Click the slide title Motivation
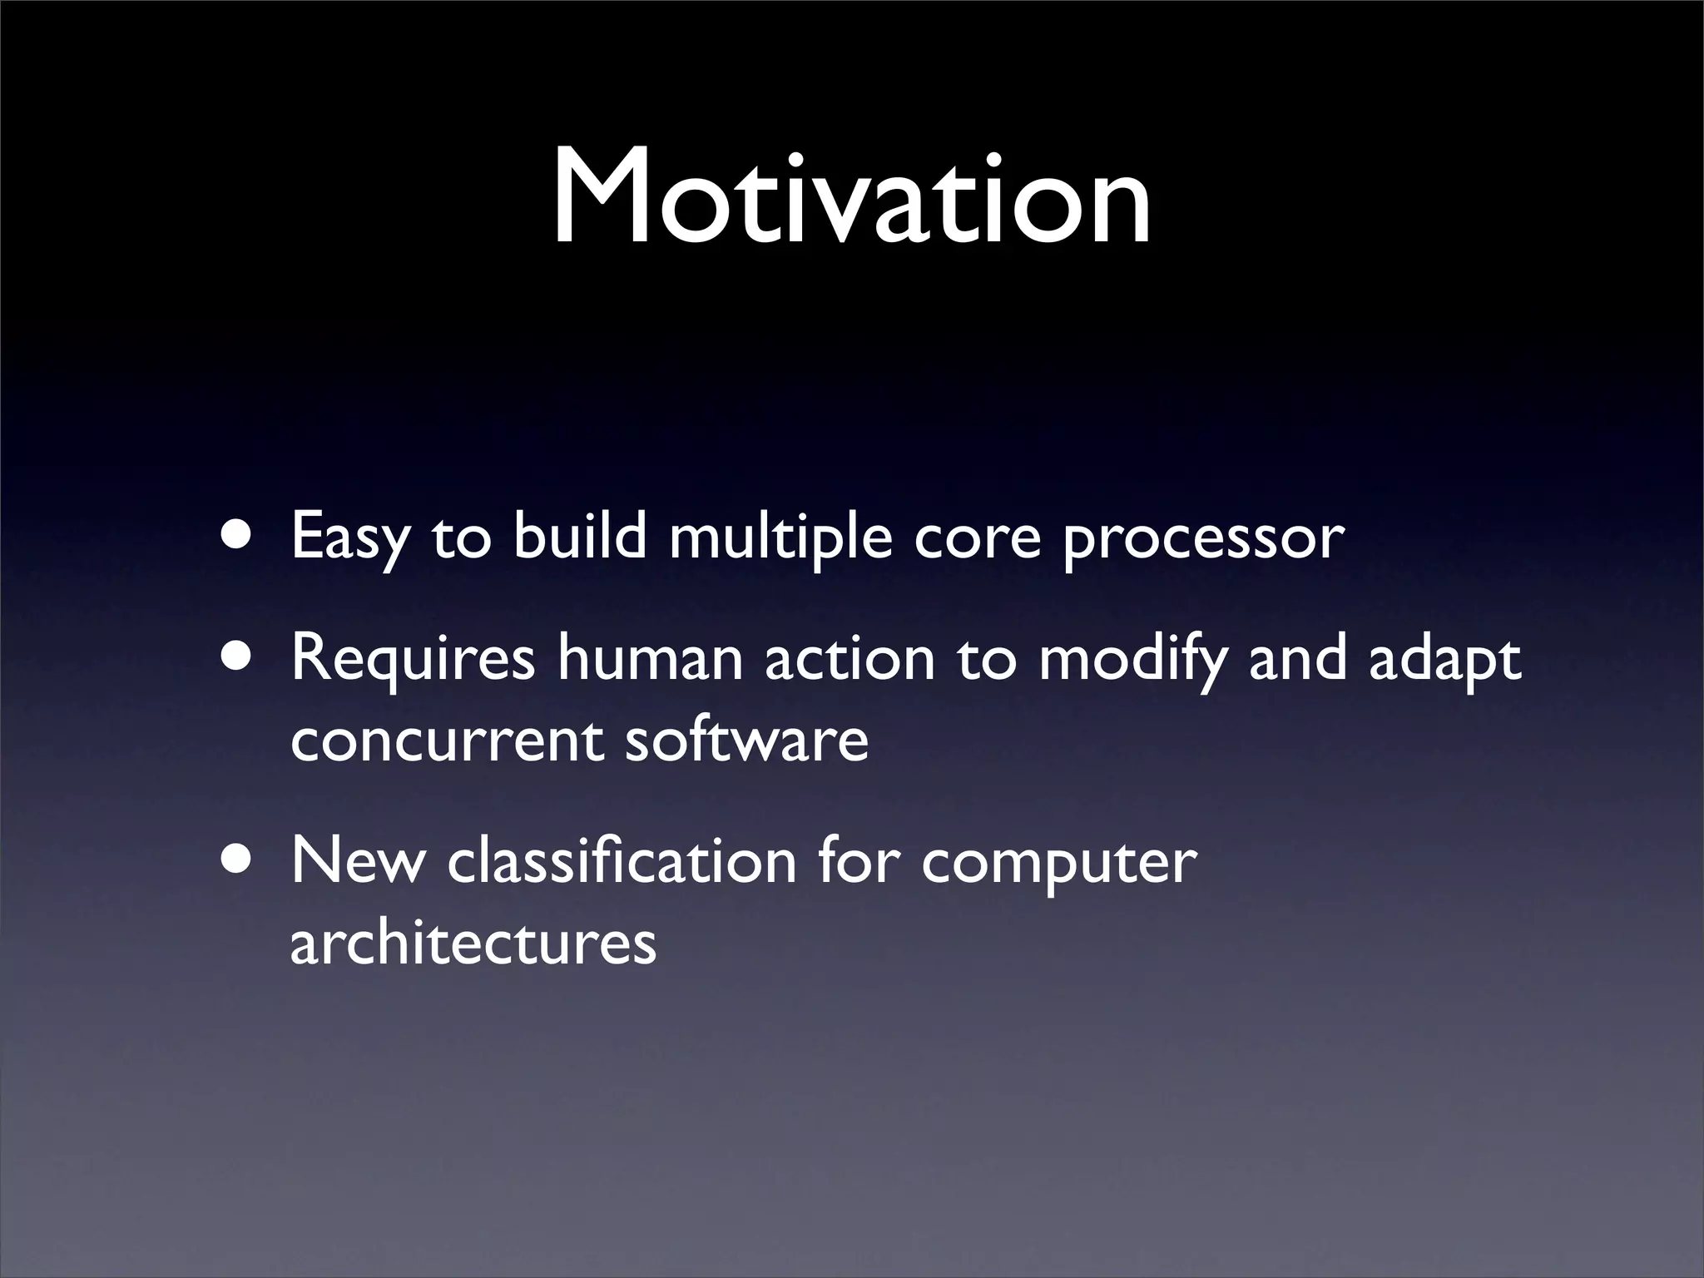point(852,200)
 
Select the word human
point(650,658)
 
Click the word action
point(850,658)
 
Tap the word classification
point(621,861)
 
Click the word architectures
point(473,944)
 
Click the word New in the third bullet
point(357,862)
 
